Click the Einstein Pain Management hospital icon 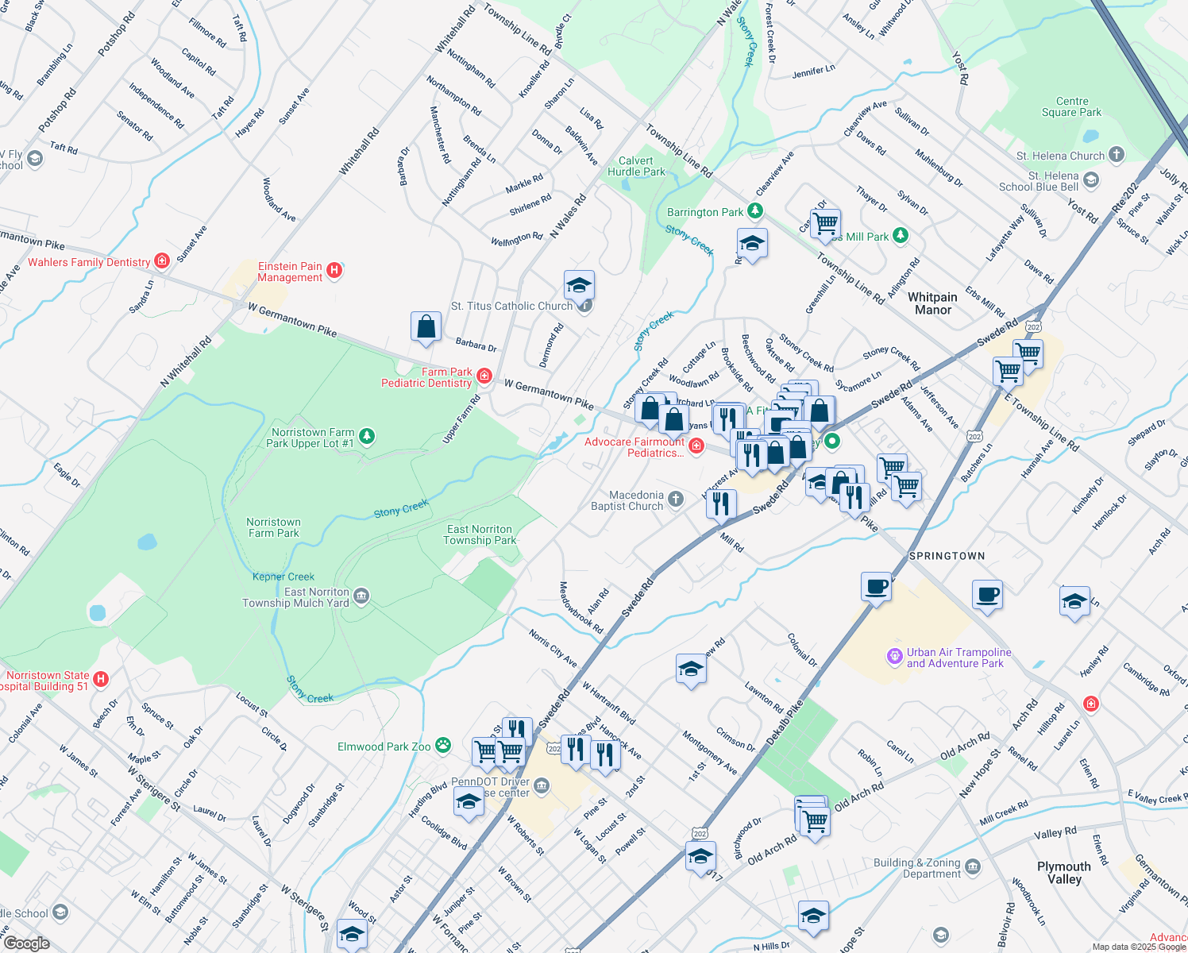tap(334, 271)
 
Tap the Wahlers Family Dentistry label tap(89, 262)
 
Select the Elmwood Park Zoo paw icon tap(443, 746)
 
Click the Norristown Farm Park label tap(273, 527)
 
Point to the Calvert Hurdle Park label tap(636, 166)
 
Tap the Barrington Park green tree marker tap(755, 211)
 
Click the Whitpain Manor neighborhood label tap(932, 303)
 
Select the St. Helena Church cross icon tap(1117, 155)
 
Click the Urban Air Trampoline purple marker tap(895, 656)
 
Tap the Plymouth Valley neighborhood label tap(1063, 872)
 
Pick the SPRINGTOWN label tap(947, 556)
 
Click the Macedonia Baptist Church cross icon tap(676, 500)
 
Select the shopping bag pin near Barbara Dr tap(426, 327)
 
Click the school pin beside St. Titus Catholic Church tap(579, 285)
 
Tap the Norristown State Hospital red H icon tap(100, 679)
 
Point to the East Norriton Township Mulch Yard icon tap(361, 596)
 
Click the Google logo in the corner tap(26, 943)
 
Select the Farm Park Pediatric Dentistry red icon tap(484, 376)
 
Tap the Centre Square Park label tap(1071, 106)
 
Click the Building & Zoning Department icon tap(974, 867)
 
